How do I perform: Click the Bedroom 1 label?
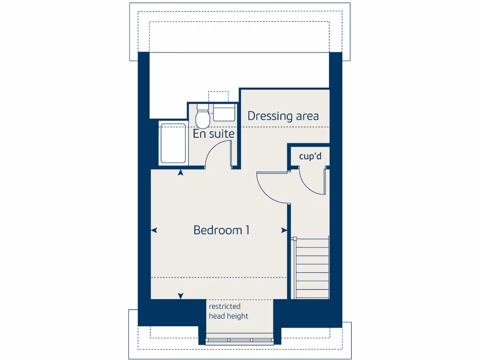pos(221,230)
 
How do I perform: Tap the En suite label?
pos(214,134)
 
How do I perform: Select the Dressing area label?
pos(283,116)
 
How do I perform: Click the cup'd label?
pos(311,156)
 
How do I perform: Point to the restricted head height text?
pos(229,311)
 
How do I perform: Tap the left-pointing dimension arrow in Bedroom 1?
pos(154,230)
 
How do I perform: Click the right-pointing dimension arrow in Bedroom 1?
pos(284,230)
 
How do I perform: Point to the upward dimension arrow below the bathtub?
pos(181,173)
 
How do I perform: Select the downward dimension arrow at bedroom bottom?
pos(180,296)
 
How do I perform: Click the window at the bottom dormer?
pos(240,340)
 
